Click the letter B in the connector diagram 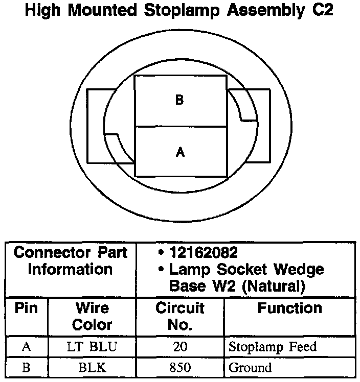pos(179,100)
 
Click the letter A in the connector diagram pos(179,152)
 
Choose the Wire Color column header pos(92,316)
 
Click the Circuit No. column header pos(179,316)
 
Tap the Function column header pos(289,308)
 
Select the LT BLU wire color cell pos(92,347)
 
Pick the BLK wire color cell pos(92,367)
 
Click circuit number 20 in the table pos(179,347)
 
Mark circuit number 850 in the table pos(179,367)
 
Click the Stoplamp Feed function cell pos(273,347)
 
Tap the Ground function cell pos(250,367)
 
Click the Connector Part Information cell pos(70,260)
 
